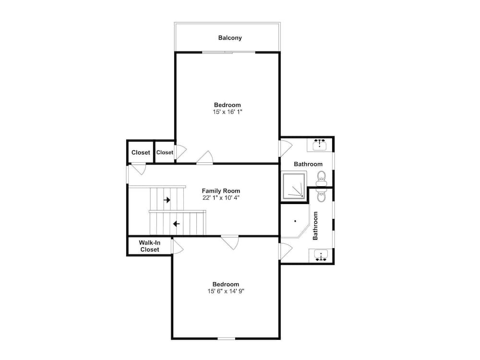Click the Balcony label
[230, 38]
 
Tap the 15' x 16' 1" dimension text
[228, 112]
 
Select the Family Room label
[221, 191]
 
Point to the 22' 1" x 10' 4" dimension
[221, 198]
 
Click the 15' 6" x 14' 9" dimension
[226, 291]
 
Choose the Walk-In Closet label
[150, 246]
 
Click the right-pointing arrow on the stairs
[167, 200]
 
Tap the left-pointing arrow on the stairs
[176, 224]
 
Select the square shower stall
[294, 187]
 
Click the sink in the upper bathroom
[320, 144]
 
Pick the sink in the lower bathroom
[321, 255]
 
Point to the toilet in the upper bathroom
[322, 179]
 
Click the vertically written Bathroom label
[315, 226]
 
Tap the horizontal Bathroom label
[308, 164]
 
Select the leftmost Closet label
[141, 153]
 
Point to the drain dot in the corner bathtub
[295, 221]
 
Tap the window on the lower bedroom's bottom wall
[227, 338]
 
